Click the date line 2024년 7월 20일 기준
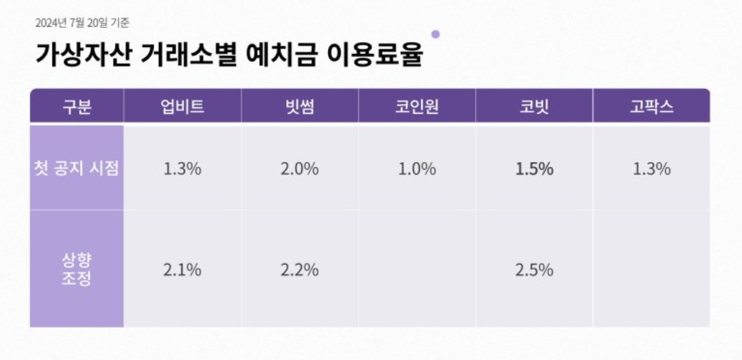[x=82, y=23]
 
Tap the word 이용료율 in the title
[x=375, y=55]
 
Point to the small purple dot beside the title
[x=435, y=34]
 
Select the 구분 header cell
[x=77, y=107]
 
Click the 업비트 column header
[x=183, y=107]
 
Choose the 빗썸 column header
[x=300, y=107]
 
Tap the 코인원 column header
[x=417, y=107]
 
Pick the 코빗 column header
[x=534, y=107]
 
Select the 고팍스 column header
[x=651, y=107]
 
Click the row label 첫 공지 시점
[x=77, y=169]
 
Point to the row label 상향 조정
[x=77, y=269]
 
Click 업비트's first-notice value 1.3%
[x=183, y=169]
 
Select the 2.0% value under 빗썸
[x=300, y=169]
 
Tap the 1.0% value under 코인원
[x=417, y=169]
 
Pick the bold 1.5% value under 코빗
[x=534, y=169]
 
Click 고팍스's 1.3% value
[x=651, y=169]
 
